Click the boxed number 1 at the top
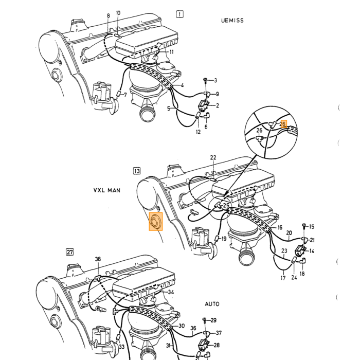pyautogui.click(x=180, y=14)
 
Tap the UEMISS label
pyautogui.click(x=232, y=21)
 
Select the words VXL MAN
pyautogui.click(x=107, y=190)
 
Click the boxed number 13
pyautogui.click(x=137, y=171)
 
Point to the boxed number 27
pyautogui.click(x=70, y=252)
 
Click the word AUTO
pyautogui.click(x=212, y=304)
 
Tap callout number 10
pyautogui.click(x=118, y=13)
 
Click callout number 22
pyautogui.click(x=213, y=157)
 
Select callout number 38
pyautogui.click(x=98, y=259)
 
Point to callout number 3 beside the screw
pyautogui.click(x=215, y=80)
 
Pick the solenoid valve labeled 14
pyautogui.click(x=300, y=251)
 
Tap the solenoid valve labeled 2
pyautogui.click(x=204, y=105)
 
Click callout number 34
pyautogui.click(x=171, y=292)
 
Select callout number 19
pyautogui.click(x=224, y=239)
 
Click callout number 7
pyautogui.click(x=125, y=94)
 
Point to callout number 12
pyautogui.click(x=198, y=132)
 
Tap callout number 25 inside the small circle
pyautogui.click(x=226, y=205)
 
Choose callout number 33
pyautogui.click(x=121, y=346)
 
